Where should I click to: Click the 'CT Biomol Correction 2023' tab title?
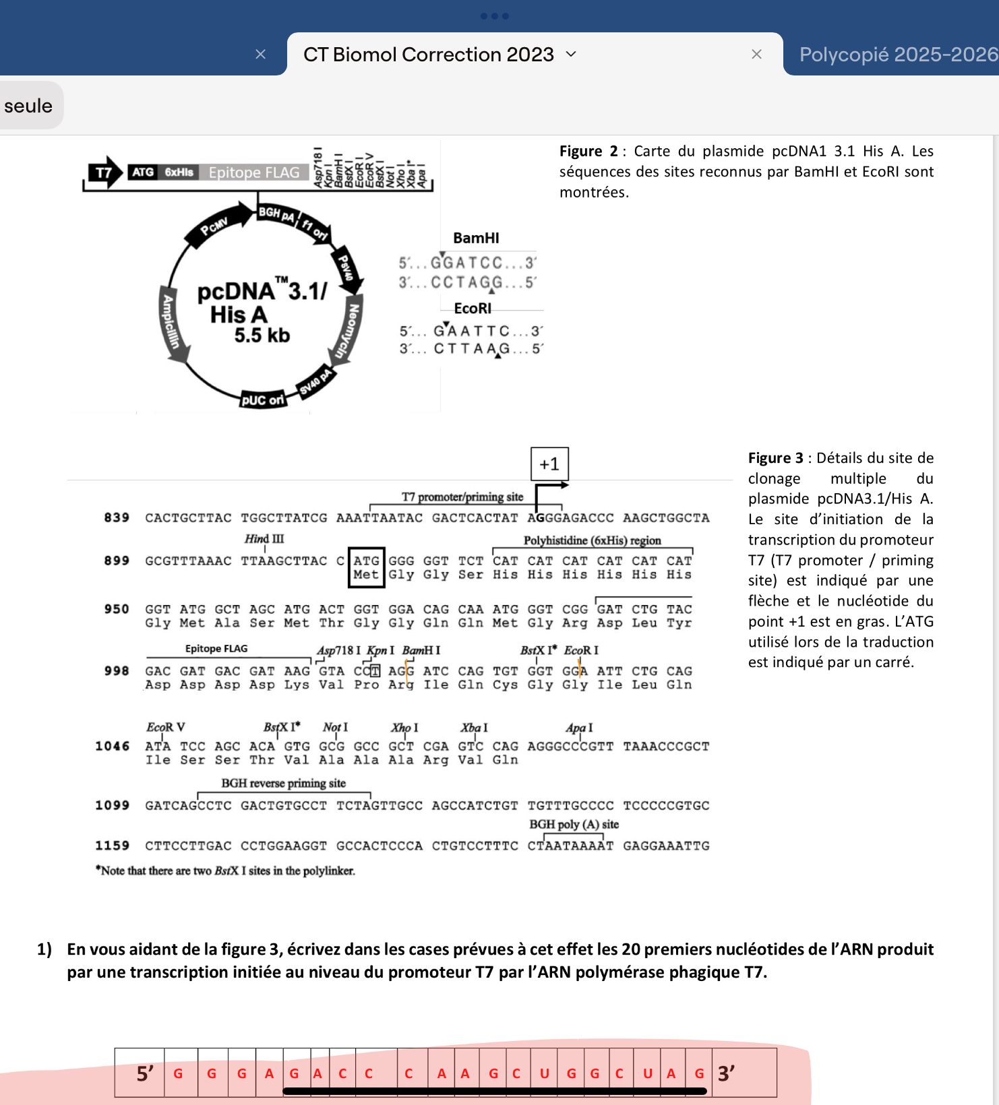tap(428, 55)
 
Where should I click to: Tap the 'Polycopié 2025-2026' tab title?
tap(898, 55)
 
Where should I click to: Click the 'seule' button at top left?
tap(28, 106)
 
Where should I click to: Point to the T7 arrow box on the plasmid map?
tap(104, 172)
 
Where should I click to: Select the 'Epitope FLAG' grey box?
tap(254, 172)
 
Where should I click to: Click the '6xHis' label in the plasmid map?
tap(179, 172)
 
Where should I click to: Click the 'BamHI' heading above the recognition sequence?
tap(476, 238)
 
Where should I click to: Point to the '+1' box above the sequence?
tap(549, 464)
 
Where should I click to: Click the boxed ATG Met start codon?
tap(366, 567)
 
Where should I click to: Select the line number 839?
tap(117, 517)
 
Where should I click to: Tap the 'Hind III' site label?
tap(264, 539)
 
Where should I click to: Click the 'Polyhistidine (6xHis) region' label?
tap(592, 540)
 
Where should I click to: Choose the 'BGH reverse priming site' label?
tap(283, 783)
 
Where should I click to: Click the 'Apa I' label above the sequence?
tap(579, 728)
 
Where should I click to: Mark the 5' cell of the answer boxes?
tap(144, 1073)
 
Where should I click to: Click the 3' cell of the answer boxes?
tap(726, 1073)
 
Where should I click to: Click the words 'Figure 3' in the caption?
tap(775, 458)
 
